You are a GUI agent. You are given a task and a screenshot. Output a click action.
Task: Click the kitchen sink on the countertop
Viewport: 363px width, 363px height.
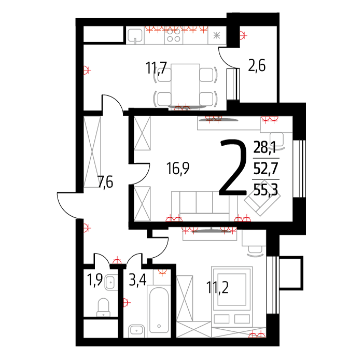click(x=135, y=36)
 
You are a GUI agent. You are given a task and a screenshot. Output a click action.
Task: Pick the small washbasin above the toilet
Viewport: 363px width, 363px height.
click(x=110, y=283)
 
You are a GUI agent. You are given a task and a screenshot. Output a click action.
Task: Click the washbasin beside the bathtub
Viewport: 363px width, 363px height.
click(x=137, y=330)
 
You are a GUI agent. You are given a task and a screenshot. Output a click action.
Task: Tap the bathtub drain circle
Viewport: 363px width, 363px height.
click(x=158, y=327)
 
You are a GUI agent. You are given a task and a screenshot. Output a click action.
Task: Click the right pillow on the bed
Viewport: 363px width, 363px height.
click(x=242, y=318)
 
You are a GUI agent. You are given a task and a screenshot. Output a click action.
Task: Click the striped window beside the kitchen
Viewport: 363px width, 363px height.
click(x=233, y=83)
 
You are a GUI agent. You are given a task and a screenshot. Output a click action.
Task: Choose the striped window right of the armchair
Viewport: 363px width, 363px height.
click(x=299, y=169)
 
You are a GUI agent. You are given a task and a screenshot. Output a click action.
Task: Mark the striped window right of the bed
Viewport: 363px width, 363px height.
click(x=273, y=285)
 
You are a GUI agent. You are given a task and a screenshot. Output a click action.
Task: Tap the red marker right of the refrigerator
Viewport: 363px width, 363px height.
click(x=248, y=37)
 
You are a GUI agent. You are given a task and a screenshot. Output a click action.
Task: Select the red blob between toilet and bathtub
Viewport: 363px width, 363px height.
click(x=130, y=302)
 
